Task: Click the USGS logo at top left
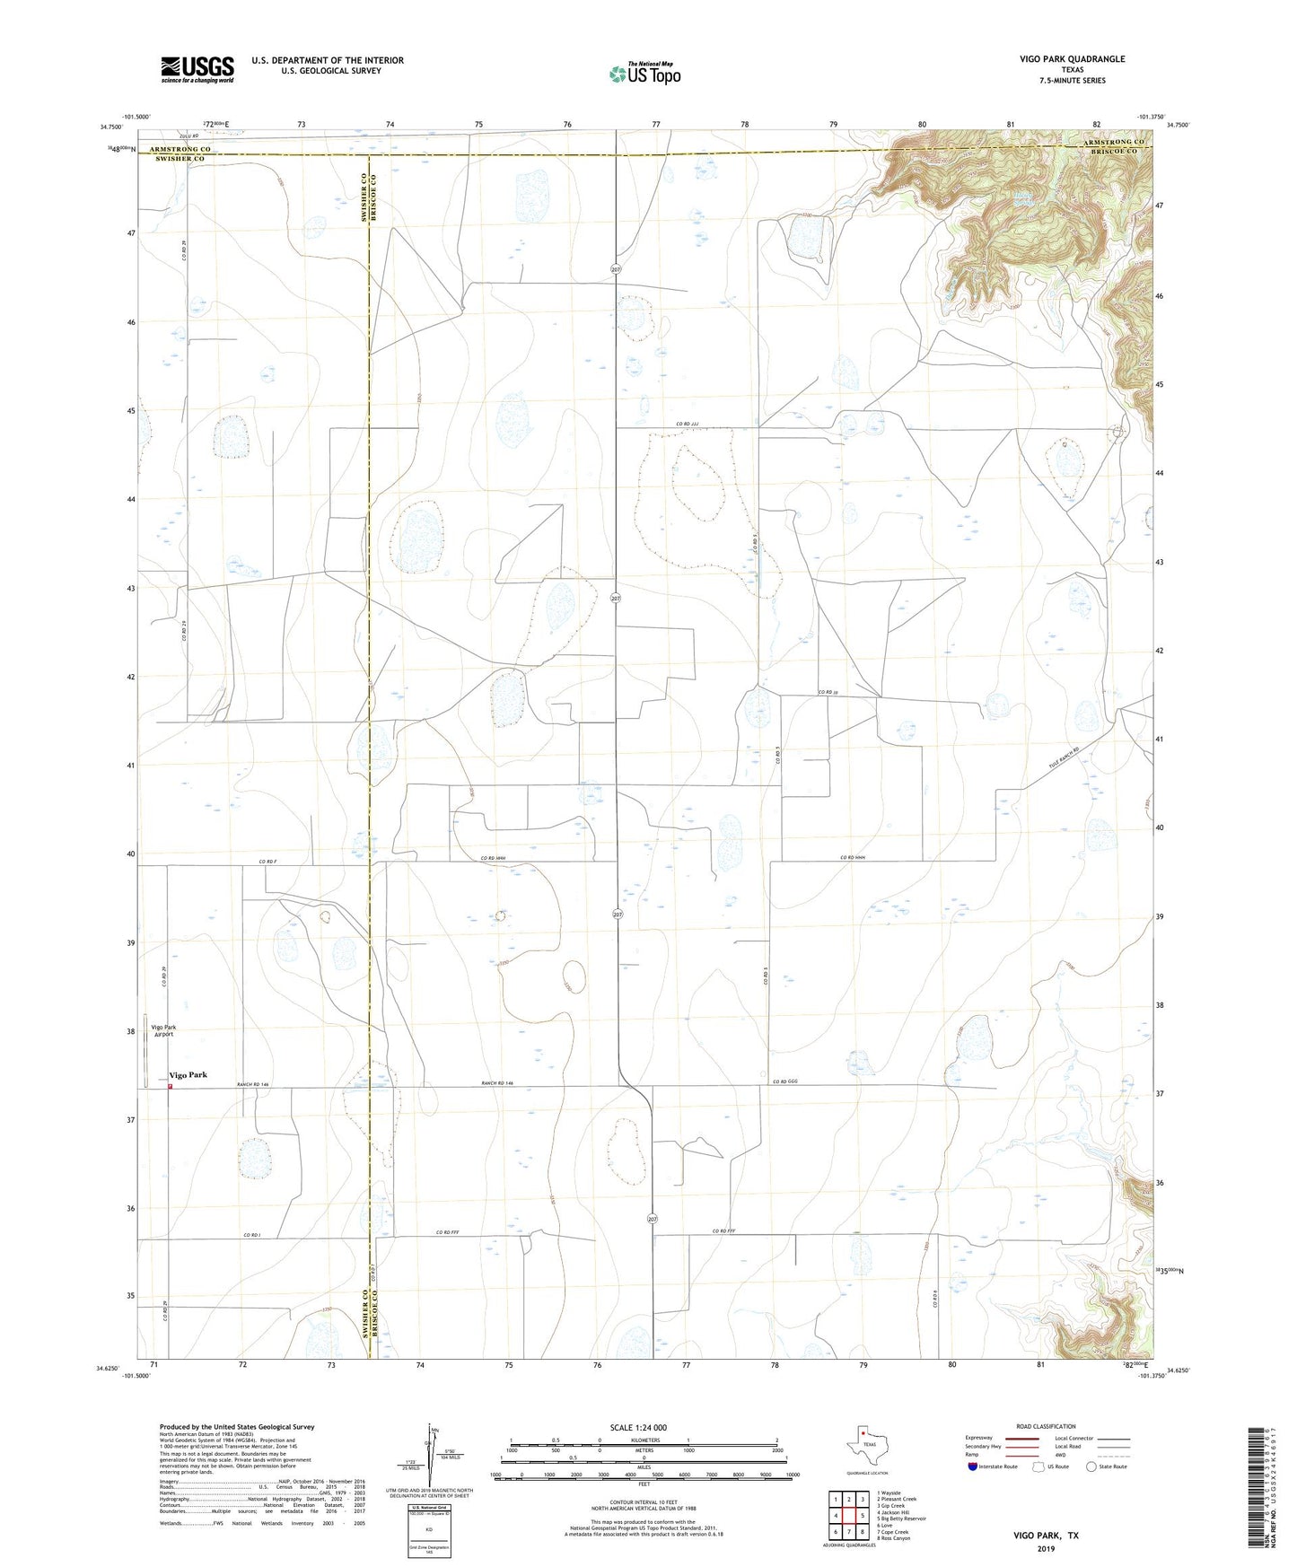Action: [x=197, y=69]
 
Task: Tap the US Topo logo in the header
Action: [x=645, y=74]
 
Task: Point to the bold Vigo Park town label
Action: [x=188, y=1074]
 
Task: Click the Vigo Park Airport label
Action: [x=162, y=1030]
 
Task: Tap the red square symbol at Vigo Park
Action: [x=170, y=1087]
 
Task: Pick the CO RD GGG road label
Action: [x=786, y=1082]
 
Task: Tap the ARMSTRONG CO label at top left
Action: [x=180, y=149]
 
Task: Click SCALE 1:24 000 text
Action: [x=638, y=1427]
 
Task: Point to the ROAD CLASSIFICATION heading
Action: [x=1046, y=1426]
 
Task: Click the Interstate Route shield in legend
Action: [x=973, y=1466]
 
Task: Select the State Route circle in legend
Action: [x=1091, y=1466]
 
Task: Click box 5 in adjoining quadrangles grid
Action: [x=862, y=1515]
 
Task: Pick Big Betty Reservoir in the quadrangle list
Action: [x=900, y=1519]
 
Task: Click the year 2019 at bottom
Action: [x=1046, y=1548]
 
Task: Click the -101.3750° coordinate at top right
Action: [x=1150, y=117]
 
